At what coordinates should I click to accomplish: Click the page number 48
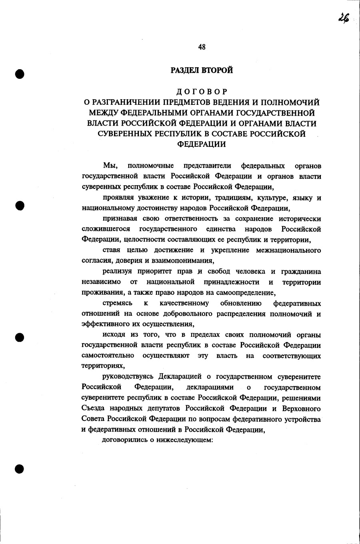(x=202, y=47)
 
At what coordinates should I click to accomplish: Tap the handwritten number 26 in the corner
(x=342, y=18)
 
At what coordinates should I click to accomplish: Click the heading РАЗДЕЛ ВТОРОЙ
(x=202, y=70)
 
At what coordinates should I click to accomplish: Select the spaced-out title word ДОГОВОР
(x=202, y=92)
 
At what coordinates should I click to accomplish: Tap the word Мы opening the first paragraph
(x=109, y=166)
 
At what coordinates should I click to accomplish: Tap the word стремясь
(x=118, y=303)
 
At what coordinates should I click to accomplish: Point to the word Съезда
(x=92, y=408)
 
